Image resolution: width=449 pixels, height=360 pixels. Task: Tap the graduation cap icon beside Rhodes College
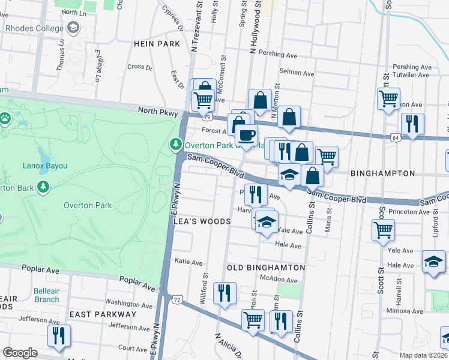(x=73, y=28)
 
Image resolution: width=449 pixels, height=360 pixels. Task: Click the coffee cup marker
(x=246, y=136)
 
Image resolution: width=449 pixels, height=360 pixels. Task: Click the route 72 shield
(x=176, y=298)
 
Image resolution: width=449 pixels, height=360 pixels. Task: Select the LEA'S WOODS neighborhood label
(x=202, y=221)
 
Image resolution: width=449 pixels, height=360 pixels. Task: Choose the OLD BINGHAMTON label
(x=267, y=267)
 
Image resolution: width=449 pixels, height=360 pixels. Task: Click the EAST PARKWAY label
(x=103, y=314)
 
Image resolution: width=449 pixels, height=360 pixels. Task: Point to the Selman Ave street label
(x=297, y=74)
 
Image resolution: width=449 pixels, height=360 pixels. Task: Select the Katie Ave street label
(x=188, y=262)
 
